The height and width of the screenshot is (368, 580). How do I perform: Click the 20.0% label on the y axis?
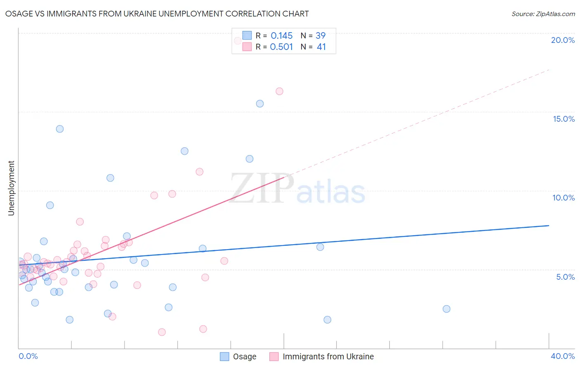[x=563, y=40]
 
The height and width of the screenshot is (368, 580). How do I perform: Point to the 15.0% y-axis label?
[x=563, y=119]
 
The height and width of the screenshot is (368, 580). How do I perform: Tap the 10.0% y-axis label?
[x=563, y=198]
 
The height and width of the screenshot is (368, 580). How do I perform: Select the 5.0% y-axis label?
[x=565, y=277]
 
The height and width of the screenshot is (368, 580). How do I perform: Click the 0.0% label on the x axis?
[x=28, y=356]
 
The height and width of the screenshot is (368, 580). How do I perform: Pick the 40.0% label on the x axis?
[x=562, y=356]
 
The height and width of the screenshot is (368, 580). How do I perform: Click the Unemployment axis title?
[x=11, y=188]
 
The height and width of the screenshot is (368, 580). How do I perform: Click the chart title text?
[x=157, y=14]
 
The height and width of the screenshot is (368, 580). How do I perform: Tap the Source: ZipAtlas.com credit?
[x=543, y=14]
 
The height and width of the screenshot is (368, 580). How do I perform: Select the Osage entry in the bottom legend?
[x=244, y=356]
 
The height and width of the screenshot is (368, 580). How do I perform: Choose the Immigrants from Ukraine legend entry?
[x=328, y=356]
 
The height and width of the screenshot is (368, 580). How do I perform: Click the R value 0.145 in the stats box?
[x=281, y=36]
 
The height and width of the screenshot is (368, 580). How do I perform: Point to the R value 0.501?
[x=281, y=47]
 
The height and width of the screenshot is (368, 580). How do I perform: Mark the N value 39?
[x=321, y=36]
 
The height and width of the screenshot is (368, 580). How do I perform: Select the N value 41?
[x=321, y=47]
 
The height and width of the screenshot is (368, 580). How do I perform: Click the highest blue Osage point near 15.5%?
[x=260, y=104]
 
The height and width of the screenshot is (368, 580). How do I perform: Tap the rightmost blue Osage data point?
[x=446, y=309]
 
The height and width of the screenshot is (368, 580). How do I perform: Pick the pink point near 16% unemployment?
[x=279, y=91]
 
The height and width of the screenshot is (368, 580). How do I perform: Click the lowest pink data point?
[x=162, y=332]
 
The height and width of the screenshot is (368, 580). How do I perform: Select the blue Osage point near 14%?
[x=60, y=129]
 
